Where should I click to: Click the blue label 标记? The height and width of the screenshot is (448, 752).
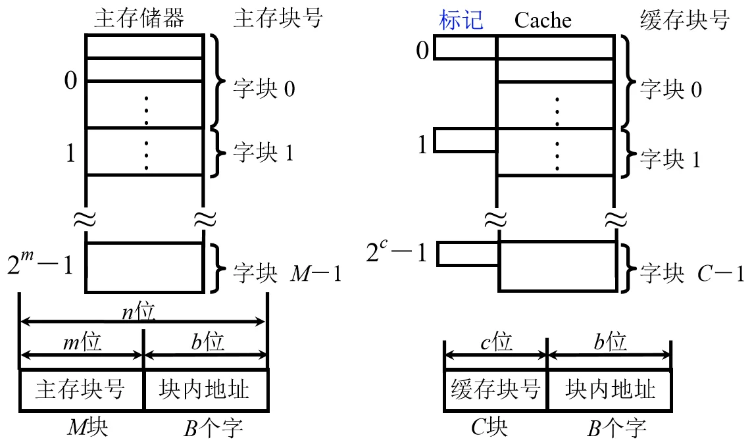coord(461,20)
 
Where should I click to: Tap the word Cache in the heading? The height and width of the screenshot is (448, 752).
coord(543,20)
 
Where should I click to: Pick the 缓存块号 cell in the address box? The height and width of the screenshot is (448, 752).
coord(495,389)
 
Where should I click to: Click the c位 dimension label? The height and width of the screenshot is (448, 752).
coord(495,342)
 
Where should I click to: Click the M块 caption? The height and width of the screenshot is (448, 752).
coord(88,428)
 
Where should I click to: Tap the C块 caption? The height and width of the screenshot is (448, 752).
coord(489,428)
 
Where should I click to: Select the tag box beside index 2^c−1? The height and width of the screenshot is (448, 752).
coord(468,254)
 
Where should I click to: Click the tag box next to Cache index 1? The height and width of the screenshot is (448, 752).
coord(464,141)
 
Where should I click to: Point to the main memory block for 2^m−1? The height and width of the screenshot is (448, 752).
coord(144,268)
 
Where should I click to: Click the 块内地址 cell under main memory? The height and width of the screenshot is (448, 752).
coord(204,389)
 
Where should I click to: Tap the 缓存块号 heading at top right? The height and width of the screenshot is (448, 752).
coord(685,20)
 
